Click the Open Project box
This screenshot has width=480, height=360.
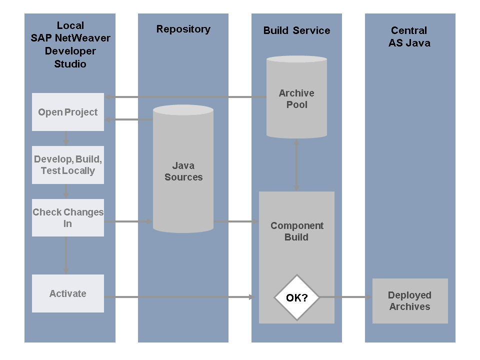pyautogui.click(x=68, y=112)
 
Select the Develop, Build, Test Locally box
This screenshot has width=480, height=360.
pyautogui.click(x=68, y=165)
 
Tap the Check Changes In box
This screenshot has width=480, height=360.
pyautogui.click(x=68, y=218)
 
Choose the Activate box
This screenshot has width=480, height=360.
pyautogui.click(x=68, y=293)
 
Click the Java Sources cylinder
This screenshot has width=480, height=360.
pyautogui.click(x=183, y=171)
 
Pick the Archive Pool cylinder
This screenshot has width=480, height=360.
pyautogui.click(x=296, y=98)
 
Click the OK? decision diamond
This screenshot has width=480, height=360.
pyautogui.click(x=296, y=297)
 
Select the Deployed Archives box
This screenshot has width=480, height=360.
pyautogui.click(x=410, y=301)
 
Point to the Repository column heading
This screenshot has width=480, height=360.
pyautogui.click(x=183, y=29)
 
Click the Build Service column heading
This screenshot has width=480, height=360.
pyautogui.click(x=296, y=30)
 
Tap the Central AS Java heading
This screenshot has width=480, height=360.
pyautogui.click(x=409, y=36)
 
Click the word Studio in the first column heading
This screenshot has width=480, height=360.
pyautogui.click(x=70, y=64)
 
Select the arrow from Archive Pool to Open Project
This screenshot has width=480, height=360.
pyautogui.click(x=185, y=97)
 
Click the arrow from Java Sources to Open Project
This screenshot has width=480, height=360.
pyautogui.click(x=128, y=119)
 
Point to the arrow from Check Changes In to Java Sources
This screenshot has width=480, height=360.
pyautogui.click(x=128, y=221)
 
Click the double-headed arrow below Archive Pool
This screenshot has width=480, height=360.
pyautogui.click(x=296, y=165)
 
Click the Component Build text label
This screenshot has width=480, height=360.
pyautogui.click(x=296, y=231)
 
